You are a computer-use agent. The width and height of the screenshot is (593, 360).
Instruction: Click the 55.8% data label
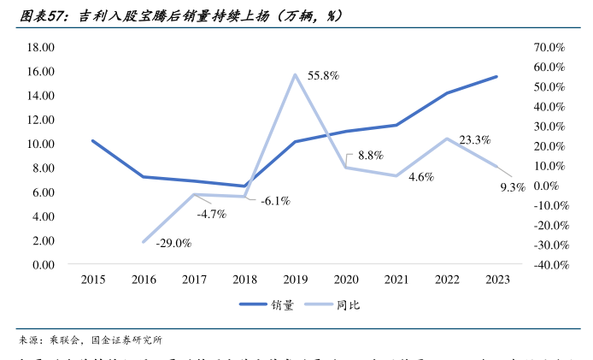(324, 76)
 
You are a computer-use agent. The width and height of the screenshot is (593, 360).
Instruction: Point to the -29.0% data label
(173, 244)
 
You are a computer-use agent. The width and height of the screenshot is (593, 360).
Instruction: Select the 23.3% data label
(474, 140)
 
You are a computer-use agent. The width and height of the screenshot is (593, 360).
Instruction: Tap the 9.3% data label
(512, 187)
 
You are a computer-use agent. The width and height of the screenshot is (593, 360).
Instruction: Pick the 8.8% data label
(370, 156)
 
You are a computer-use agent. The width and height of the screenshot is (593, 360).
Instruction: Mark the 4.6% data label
(421, 177)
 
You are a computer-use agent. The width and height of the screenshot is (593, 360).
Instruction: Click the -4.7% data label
(211, 214)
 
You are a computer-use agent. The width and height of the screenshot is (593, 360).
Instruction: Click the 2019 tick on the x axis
(295, 280)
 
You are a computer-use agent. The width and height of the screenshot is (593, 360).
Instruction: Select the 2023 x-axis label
(497, 280)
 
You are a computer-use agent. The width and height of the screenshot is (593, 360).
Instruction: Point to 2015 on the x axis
(92, 280)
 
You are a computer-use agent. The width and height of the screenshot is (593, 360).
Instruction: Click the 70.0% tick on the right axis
(549, 47)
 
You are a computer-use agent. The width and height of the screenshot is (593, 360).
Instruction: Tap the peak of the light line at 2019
(295, 74)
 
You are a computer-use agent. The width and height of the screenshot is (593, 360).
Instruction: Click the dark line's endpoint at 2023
(497, 77)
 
